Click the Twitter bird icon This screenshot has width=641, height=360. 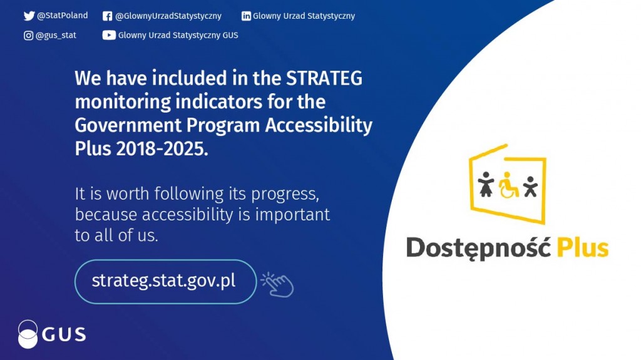[x=29, y=16]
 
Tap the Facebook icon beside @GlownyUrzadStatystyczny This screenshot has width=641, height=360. [x=107, y=16]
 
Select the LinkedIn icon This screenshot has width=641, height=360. [x=246, y=16]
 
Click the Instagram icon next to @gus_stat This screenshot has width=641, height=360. [x=28, y=36]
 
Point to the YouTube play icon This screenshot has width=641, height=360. [x=109, y=35]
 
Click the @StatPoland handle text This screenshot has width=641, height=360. [x=62, y=16]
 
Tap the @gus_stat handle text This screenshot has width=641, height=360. [x=56, y=36]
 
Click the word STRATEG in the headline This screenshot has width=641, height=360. [x=324, y=78]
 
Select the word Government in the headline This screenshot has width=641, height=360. [x=128, y=126]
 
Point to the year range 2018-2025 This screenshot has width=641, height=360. [x=162, y=149]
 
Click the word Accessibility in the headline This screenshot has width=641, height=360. [x=319, y=126]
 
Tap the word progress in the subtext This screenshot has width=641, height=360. [x=285, y=194]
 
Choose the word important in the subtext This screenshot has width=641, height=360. [x=292, y=215]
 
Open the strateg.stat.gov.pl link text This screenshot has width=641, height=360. [x=163, y=280]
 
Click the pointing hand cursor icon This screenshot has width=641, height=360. [x=277, y=284]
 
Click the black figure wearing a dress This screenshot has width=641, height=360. [x=486, y=184]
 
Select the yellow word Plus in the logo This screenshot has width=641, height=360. [x=583, y=247]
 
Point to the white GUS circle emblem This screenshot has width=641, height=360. [x=28, y=334]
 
